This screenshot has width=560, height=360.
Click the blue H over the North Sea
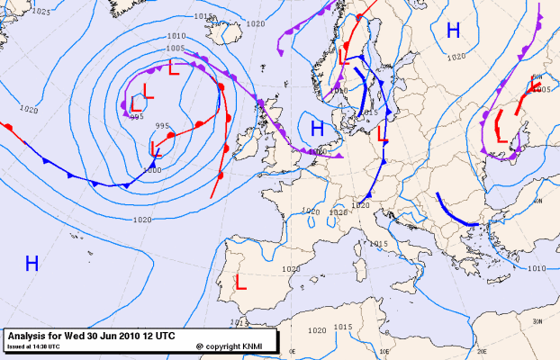[317, 128]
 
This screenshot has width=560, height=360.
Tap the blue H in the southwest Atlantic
[32, 264]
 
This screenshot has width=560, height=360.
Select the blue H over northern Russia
[453, 31]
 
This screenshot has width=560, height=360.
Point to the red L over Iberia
[240, 282]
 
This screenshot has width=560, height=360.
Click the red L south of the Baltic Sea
[382, 134]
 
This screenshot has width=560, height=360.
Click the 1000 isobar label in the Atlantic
[153, 169]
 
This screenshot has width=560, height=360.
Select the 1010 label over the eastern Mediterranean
[537, 268]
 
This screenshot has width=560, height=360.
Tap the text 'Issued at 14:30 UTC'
[34, 346]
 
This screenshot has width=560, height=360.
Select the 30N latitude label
[537, 320]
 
